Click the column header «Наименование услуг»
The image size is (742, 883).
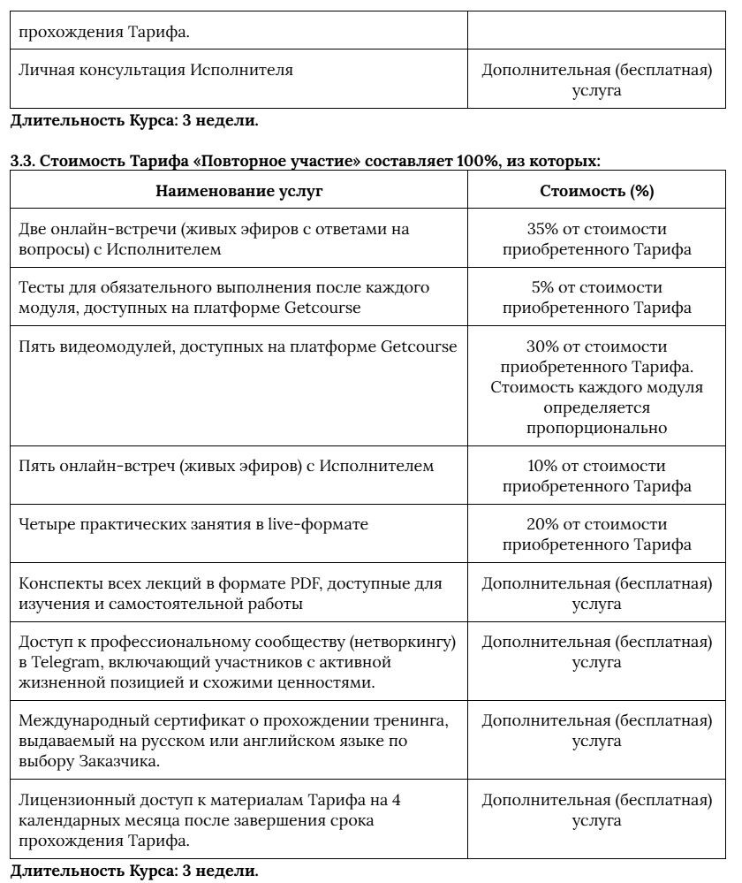(x=239, y=191)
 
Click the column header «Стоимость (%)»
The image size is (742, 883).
(x=596, y=191)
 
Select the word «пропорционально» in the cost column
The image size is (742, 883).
(x=596, y=428)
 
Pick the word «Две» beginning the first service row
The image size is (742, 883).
(x=33, y=229)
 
